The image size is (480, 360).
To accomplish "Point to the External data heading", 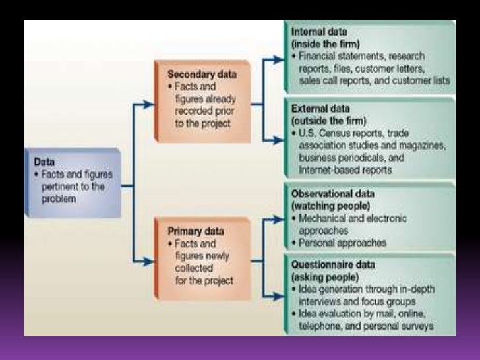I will tap(322, 108).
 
